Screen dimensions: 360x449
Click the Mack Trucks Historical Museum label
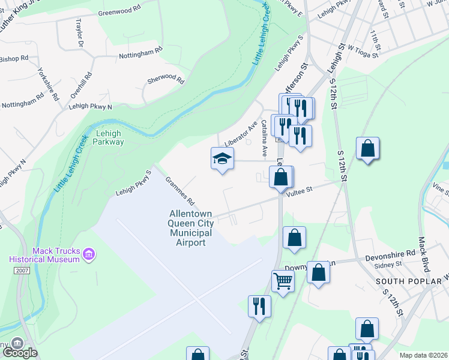pos(44,254)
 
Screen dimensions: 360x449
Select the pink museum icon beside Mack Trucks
pos(89,256)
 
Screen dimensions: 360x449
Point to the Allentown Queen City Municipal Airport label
pos(190,227)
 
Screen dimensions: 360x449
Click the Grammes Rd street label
pos(181,189)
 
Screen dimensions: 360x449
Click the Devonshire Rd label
pos(391,254)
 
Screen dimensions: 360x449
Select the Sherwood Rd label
pos(166,79)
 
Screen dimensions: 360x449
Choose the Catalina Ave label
pos(264,135)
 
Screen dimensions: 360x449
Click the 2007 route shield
pos(21,271)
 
